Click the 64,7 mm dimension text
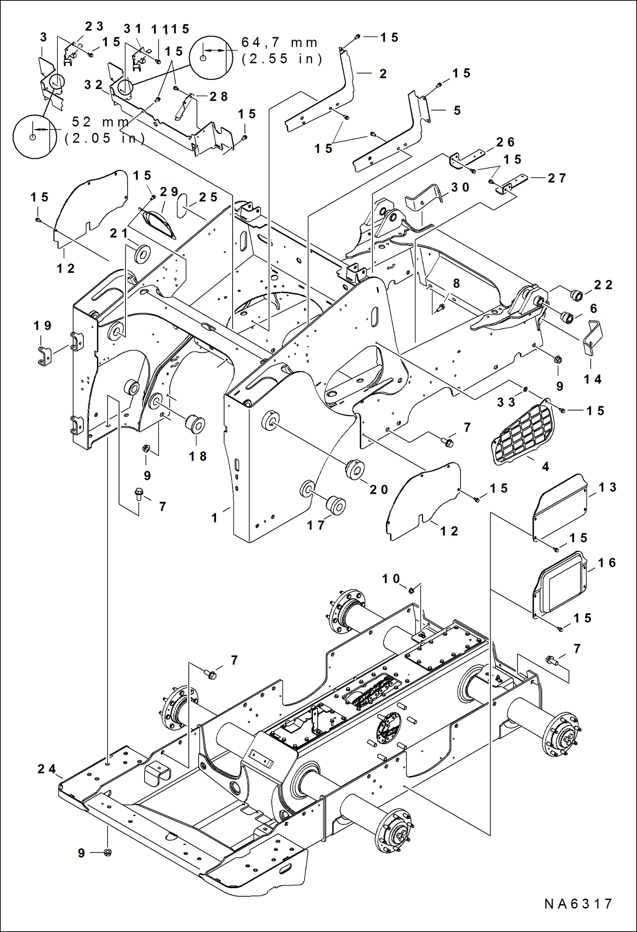(x=279, y=43)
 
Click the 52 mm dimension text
(x=100, y=122)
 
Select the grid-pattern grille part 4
(x=523, y=434)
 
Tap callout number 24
(x=46, y=769)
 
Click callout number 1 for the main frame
(x=215, y=518)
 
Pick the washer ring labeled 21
(x=142, y=254)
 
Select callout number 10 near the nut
(x=391, y=578)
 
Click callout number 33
(x=506, y=402)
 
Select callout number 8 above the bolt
(x=456, y=283)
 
